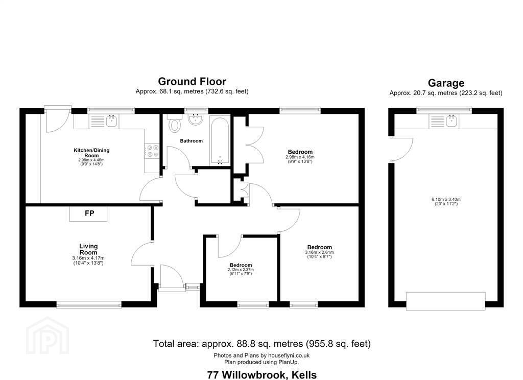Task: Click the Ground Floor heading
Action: (x=192, y=81)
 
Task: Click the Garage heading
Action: (x=446, y=83)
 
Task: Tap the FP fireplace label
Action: (x=89, y=213)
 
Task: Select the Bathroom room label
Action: (x=191, y=141)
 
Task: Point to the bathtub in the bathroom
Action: (x=220, y=140)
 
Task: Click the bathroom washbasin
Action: (x=195, y=120)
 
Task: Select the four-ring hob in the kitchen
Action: (x=152, y=151)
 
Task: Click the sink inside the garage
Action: (x=444, y=121)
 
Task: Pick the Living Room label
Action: (x=88, y=249)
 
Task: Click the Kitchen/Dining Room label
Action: (x=91, y=153)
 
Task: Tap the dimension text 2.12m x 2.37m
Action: (x=241, y=270)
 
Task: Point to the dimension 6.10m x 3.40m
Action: (x=446, y=200)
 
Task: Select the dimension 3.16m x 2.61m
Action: (x=319, y=252)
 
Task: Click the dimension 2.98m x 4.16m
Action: (x=300, y=157)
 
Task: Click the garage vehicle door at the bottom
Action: (x=445, y=301)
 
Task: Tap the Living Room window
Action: (x=89, y=304)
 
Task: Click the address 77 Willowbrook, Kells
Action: (x=262, y=375)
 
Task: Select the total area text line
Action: (x=262, y=344)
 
